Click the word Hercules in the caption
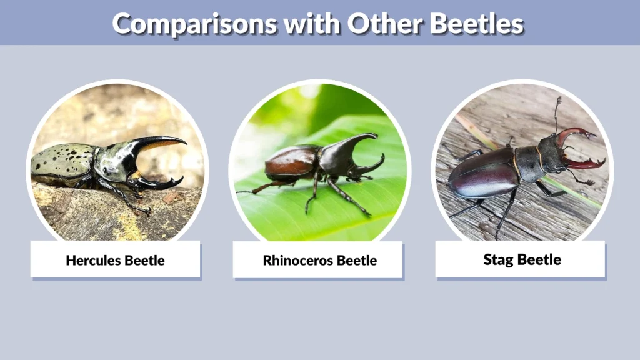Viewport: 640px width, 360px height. click(92, 260)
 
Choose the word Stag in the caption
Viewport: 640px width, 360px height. click(497, 259)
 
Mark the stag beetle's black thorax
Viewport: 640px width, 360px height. click(531, 164)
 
